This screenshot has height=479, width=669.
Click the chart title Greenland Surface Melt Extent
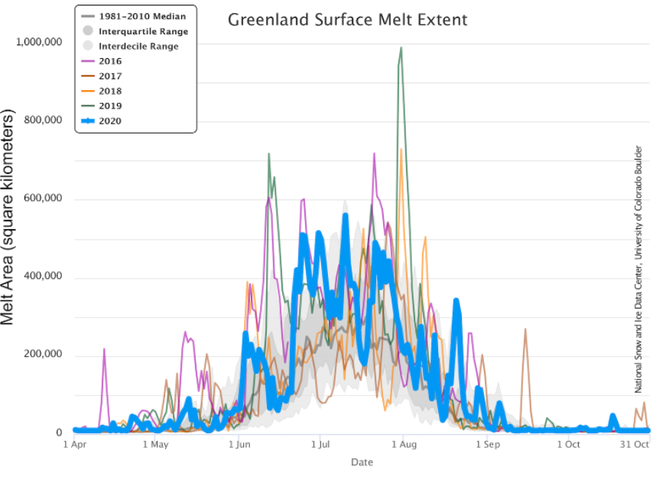347,19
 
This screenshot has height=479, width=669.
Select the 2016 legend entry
109,61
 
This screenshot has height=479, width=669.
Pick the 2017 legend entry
109,76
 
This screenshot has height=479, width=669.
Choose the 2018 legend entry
109,91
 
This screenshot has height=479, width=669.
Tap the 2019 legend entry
109,106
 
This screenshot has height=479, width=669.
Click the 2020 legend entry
109,121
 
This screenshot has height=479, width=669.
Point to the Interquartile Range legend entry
143,31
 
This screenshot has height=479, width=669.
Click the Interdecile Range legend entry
138,47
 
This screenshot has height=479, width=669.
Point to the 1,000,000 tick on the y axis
40,42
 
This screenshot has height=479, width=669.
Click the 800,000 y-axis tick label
44,120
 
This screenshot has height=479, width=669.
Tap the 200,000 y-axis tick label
44,354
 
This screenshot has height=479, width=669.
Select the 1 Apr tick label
74,444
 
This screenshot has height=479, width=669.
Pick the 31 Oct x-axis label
635,444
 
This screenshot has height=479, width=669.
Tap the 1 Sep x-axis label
487,444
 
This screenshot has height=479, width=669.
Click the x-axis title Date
362,462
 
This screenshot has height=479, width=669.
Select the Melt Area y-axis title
9,217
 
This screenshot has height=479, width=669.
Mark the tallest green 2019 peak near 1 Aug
401,48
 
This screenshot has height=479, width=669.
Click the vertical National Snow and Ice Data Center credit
638,269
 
